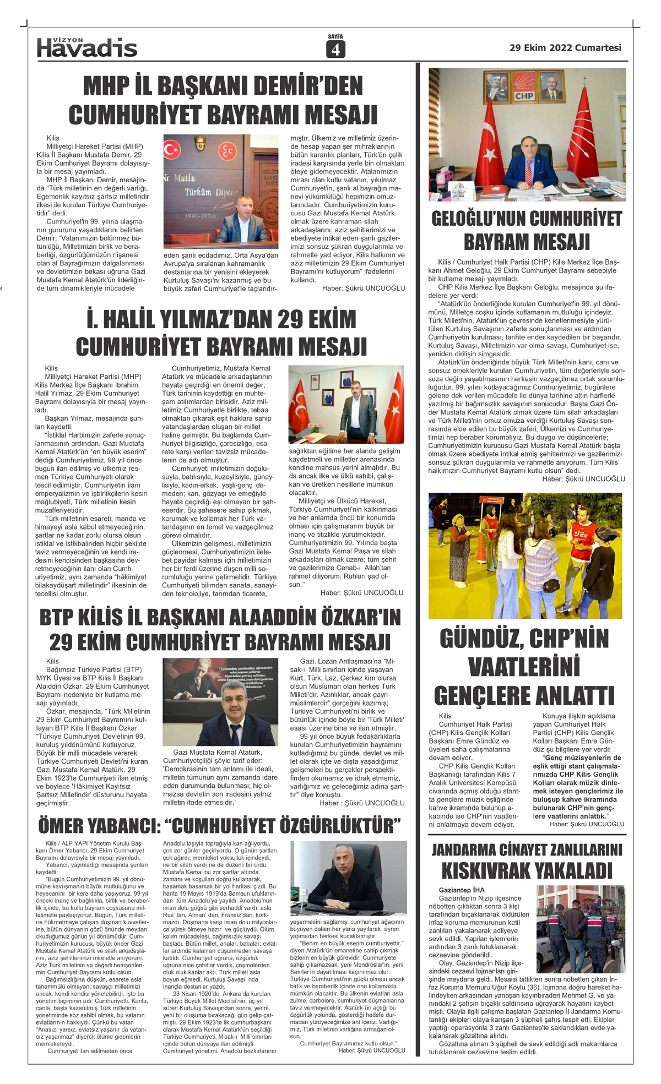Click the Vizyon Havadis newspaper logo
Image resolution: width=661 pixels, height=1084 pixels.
click(87, 47)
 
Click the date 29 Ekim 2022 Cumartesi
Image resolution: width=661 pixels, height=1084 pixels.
click(565, 48)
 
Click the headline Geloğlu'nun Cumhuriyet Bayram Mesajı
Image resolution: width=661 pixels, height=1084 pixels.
click(527, 230)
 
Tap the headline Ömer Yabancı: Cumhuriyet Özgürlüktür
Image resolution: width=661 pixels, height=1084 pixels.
click(219, 826)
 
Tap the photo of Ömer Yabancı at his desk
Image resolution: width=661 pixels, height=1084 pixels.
click(348, 878)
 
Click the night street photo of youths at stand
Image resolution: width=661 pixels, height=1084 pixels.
click(525, 555)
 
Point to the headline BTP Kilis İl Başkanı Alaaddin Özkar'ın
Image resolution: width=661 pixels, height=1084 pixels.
click(220, 618)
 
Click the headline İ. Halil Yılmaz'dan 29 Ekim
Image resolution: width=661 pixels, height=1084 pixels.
click(221, 319)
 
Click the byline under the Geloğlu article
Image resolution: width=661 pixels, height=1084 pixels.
click(583, 479)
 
